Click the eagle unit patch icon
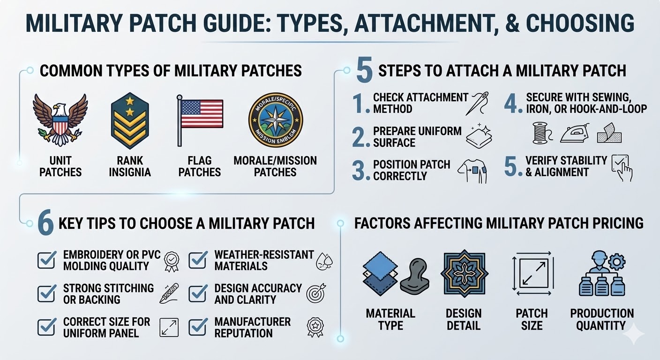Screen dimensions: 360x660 click(60, 120)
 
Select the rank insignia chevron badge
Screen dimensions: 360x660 click(130, 120)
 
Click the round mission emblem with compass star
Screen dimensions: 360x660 click(275, 120)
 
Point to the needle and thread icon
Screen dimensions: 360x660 click(478, 103)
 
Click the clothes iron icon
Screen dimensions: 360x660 click(574, 133)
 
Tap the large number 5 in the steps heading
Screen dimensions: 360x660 click(364, 70)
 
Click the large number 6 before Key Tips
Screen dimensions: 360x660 click(45, 224)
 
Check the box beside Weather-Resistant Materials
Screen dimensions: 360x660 click(198, 260)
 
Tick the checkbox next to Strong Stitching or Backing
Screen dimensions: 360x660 click(47, 293)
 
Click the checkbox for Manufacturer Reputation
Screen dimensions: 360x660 click(198, 327)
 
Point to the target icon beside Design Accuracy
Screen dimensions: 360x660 click(315, 293)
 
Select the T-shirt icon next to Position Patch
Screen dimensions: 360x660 click(472, 171)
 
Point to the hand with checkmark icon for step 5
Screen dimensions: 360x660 click(622, 167)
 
